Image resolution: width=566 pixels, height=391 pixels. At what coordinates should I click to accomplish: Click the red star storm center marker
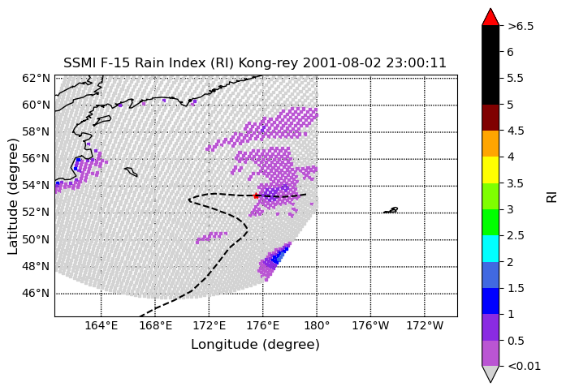coord(256,195)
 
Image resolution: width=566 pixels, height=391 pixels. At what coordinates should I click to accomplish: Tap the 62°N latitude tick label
coord(36,78)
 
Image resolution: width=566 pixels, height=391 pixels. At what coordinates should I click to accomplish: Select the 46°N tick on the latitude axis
coord(36,294)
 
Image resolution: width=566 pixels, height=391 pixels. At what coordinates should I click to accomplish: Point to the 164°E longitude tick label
coord(101,326)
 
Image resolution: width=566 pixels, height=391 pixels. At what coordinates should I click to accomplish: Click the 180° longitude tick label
coord(317,326)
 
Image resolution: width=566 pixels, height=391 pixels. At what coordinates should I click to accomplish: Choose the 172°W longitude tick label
coord(425,326)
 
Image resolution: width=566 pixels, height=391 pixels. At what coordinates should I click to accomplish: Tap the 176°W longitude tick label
coord(371,326)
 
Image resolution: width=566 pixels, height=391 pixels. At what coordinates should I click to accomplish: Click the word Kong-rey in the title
coord(268,63)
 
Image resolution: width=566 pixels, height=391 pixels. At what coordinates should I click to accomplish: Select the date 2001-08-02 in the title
coord(342,63)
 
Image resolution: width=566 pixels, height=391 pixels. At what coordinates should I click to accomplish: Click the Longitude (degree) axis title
coord(255,345)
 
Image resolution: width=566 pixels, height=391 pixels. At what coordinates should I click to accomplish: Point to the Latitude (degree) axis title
coord(13,196)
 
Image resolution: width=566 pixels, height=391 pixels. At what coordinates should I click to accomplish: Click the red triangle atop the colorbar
coord(490,17)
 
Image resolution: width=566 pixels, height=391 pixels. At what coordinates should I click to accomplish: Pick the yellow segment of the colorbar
coord(490,170)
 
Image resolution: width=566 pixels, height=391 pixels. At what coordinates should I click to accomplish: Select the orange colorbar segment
coord(490,144)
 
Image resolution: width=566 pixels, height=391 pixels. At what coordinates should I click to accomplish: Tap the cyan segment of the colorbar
coord(490,248)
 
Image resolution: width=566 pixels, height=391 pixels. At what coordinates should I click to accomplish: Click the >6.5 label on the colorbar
coord(521,26)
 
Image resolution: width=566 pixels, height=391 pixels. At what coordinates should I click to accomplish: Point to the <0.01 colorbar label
coord(524,366)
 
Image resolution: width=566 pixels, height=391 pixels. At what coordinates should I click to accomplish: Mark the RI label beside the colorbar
coord(551,196)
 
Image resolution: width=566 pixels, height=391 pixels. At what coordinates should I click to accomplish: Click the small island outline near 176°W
coord(391,210)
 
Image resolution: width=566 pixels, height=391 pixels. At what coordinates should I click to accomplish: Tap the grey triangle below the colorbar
coord(490,374)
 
